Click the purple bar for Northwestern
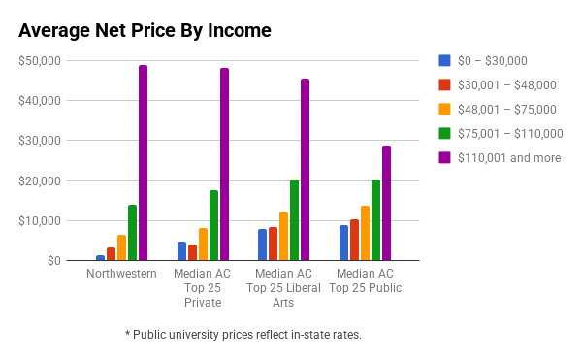(x=143, y=163)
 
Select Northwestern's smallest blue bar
(x=100, y=257)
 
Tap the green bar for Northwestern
(x=133, y=232)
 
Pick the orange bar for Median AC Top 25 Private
(x=203, y=245)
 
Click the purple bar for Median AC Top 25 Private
(x=225, y=164)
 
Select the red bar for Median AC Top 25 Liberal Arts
(x=274, y=244)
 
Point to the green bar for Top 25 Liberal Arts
(x=294, y=219)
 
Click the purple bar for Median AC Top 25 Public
(x=386, y=203)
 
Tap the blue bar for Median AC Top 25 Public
(x=343, y=243)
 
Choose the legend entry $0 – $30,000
(x=482, y=60)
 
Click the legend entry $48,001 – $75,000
(x=498, y=109)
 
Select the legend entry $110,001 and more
(x=500, y=158)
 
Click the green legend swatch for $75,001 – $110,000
(x=444, y=133)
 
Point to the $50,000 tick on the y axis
(x=40, y=60)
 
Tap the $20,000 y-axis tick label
(x=40, y=180)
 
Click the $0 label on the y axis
(x=53, y=261)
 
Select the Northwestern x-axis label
(x=121, y=274)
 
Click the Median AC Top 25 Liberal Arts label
(x=283, y=288)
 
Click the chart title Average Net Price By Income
(x=145, y=30)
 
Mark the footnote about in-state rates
(x=243, y=335)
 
